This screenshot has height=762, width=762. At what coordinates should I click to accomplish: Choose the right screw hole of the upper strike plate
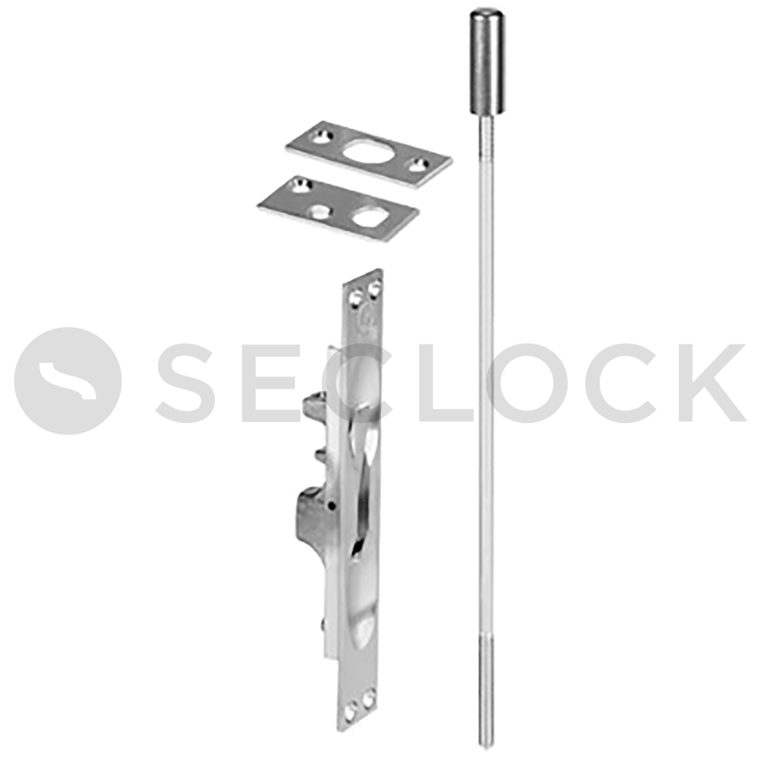pyautogui.click(x=418, y=163)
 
